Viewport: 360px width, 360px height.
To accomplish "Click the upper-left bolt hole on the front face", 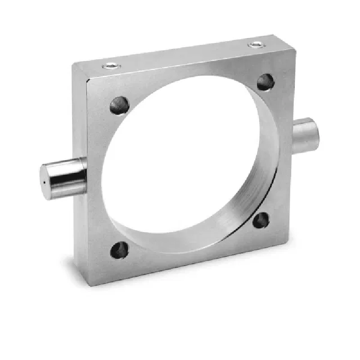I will (x=120, y=105).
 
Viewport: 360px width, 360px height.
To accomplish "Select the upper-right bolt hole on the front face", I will (x=266, y=82).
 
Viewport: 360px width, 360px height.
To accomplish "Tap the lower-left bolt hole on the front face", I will (x=120, y=250).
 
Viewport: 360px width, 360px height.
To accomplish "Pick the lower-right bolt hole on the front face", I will (x=261, y=220).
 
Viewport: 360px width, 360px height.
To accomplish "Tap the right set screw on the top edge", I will (x=256, y=45).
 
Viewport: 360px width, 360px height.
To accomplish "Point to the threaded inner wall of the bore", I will (x=265, y=171).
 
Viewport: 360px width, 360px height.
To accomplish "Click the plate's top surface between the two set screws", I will (x=180, y=55).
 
